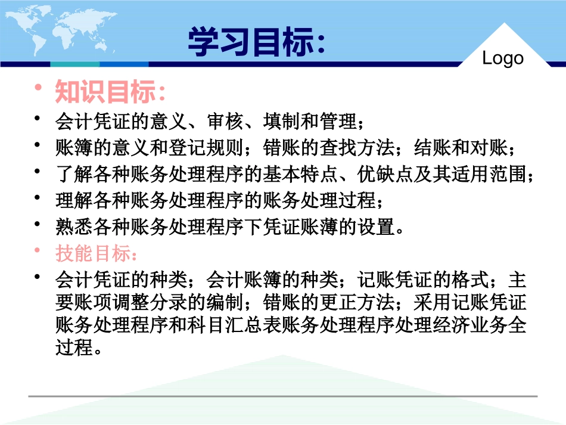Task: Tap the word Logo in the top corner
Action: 503,58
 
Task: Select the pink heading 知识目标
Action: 110,92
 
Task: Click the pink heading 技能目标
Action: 95,253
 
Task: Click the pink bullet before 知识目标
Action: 39,89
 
